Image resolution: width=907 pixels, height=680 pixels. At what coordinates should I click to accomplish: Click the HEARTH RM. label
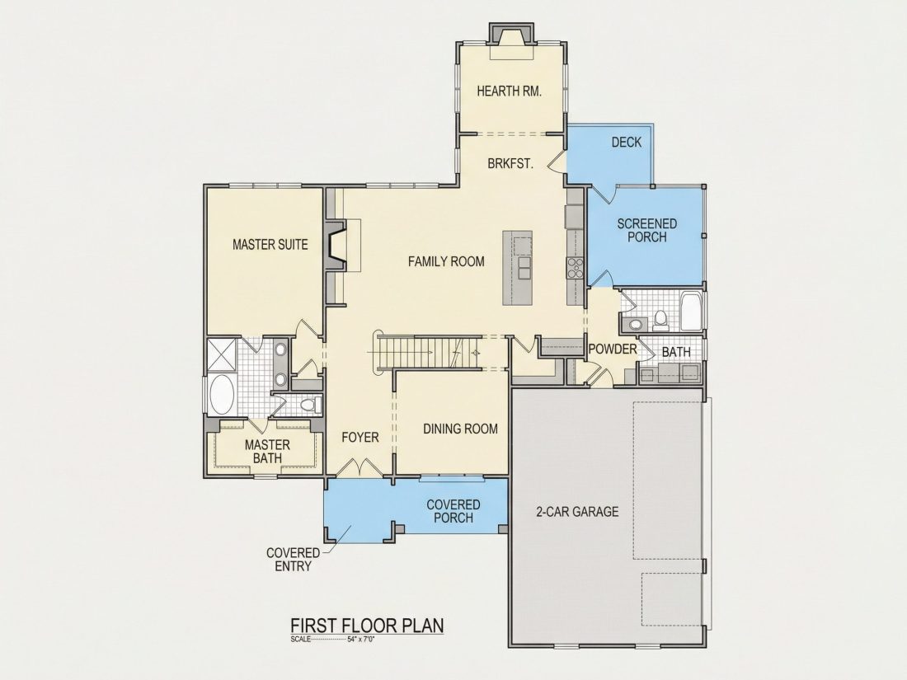tap(509, 91)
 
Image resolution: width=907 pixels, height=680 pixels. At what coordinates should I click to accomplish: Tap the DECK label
tap(627, 143)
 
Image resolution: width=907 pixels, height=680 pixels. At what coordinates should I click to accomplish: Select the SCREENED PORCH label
tap(646, 230)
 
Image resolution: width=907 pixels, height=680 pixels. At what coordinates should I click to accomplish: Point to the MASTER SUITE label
tap(270, 245)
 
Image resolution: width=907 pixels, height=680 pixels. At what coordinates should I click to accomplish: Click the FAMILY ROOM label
tap(446, 261)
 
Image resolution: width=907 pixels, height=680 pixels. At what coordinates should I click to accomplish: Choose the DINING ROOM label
tap(460, 429)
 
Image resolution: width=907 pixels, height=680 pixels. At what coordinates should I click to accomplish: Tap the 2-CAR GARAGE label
tap(577, 512)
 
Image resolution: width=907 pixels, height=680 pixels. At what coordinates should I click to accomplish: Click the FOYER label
tap(360, 437)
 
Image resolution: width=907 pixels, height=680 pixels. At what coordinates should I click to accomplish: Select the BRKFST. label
tap(510, 164)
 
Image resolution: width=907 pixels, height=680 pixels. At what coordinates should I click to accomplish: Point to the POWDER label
tap(613, 349)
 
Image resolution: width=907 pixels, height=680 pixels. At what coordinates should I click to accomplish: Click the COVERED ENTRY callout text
tap(294, 560)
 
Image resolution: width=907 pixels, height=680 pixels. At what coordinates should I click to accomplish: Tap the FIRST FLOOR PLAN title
tap(367, 626)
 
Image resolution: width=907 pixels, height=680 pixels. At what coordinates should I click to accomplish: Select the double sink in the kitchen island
tap(524, 269)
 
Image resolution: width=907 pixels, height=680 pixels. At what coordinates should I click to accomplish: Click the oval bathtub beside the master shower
tap(221, 395)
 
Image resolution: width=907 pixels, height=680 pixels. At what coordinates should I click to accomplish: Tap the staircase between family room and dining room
tap(430, 352)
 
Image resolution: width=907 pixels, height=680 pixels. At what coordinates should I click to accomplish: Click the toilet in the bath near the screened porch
tap(660, 320)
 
